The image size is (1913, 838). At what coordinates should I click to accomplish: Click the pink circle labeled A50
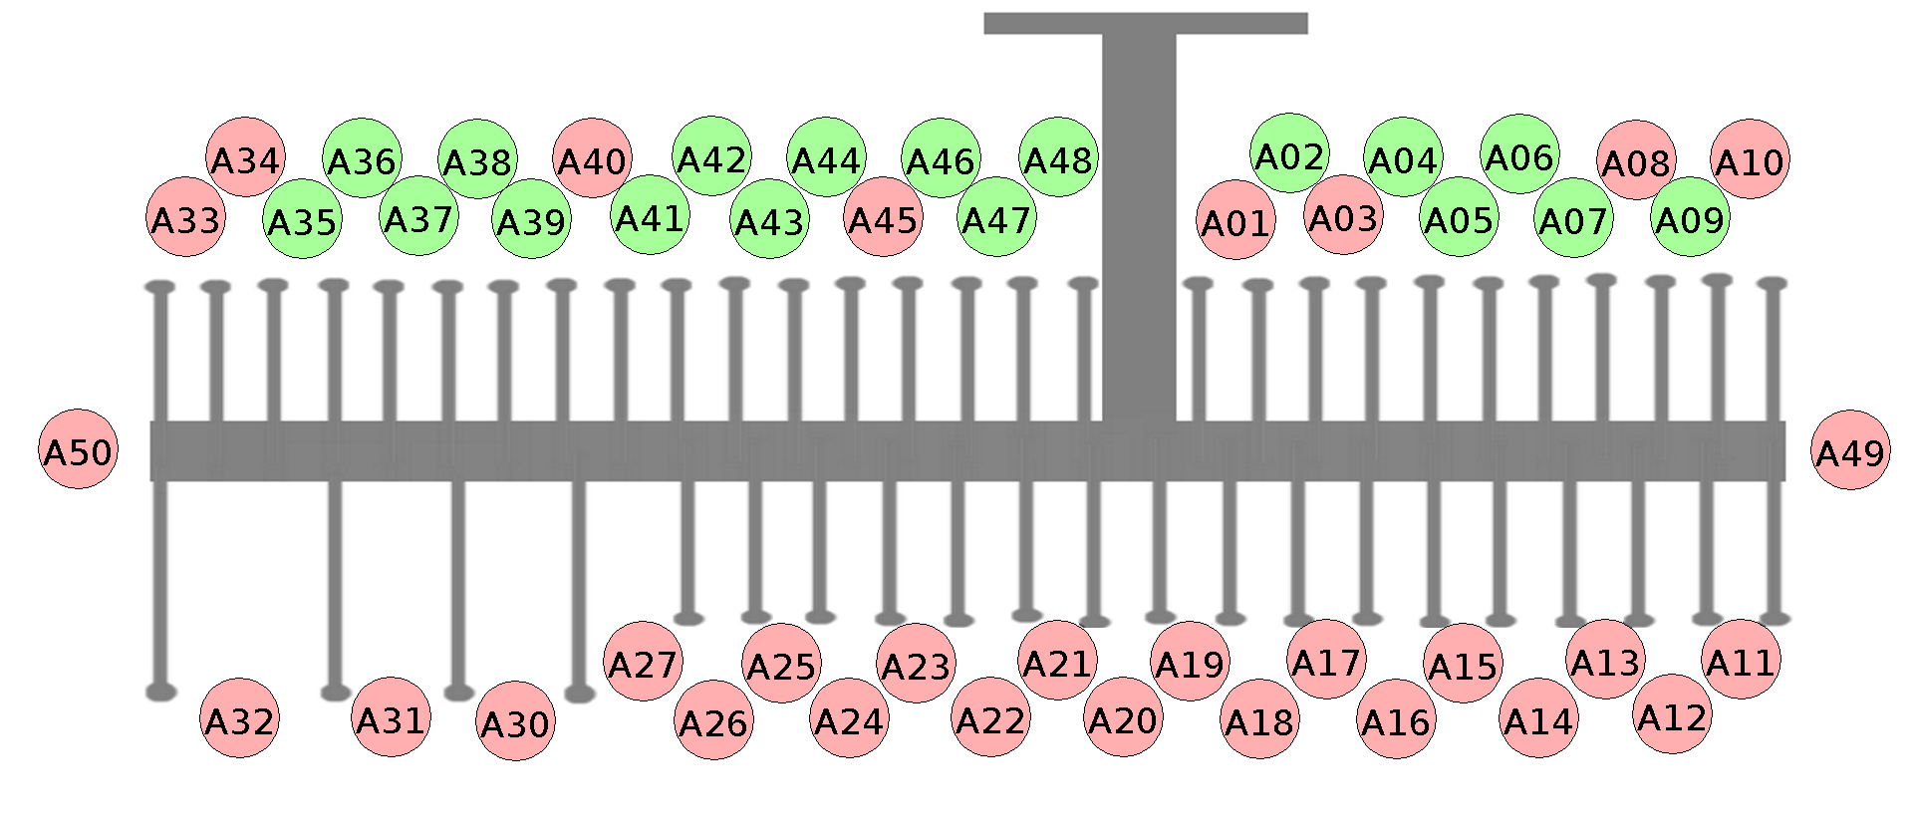[x=79, y=449]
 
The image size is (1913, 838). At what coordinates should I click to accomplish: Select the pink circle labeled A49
[x=1850, y=450]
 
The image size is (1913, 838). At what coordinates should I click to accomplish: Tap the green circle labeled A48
[x=1058, y=157]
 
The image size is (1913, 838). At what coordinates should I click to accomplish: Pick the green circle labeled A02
[x=1290, y=153]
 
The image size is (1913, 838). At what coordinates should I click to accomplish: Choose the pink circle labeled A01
[x=1235, y=220]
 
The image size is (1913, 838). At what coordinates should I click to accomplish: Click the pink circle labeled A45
[x=883, y=217]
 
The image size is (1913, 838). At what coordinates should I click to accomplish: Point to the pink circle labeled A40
[x=593, y=158]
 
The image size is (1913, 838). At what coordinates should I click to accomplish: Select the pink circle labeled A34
[x=245, y=157]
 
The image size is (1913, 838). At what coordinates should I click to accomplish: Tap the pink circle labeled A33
[x=186, y=217]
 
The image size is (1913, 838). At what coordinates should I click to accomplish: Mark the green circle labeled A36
[x=362, y=158]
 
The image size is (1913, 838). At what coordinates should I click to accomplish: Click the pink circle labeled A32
[x=239, y=718]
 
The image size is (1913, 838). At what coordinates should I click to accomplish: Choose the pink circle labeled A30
[x=515, y=721]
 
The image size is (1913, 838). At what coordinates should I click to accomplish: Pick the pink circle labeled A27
[x=644, y=662]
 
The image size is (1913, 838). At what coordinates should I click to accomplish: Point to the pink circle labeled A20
[x=1123, y=717]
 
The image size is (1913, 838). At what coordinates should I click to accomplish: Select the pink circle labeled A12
[x=1672, y=714]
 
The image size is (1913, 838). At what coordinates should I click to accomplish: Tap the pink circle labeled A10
[x=1751, y=159]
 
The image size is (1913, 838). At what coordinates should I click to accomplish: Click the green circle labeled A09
[x=1690, y=217]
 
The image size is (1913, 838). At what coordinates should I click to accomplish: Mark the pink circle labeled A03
[x=1343, y=215]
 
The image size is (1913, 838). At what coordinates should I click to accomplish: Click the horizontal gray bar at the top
[x=1145, y=23]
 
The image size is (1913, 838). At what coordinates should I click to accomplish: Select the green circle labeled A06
[x=1519, y=154]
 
